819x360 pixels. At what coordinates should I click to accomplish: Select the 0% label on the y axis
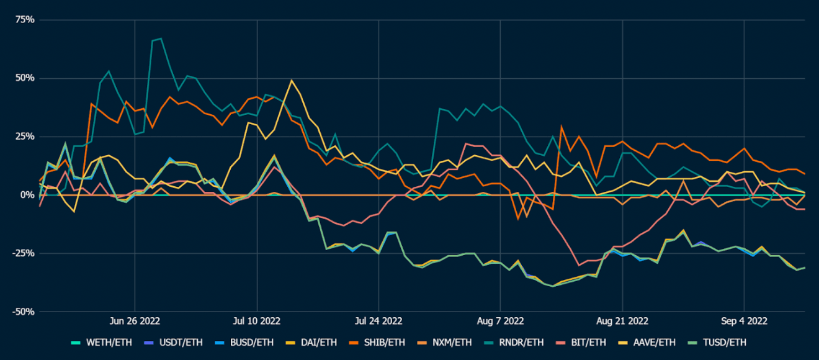coord(27,195)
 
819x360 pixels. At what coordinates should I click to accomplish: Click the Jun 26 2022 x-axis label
coord(135,321)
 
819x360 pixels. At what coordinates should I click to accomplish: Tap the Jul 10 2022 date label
coord(256,321)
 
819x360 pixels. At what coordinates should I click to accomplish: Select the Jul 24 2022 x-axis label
coord(378,321)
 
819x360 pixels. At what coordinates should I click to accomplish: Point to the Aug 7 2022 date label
coord(500,321)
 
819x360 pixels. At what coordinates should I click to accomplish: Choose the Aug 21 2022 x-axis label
coord(622,321)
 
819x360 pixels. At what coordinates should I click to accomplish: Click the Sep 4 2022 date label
coord(743,321)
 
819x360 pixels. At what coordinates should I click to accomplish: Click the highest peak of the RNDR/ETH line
coord(161,38)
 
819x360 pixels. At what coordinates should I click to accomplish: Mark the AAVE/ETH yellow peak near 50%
coord(291,80)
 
